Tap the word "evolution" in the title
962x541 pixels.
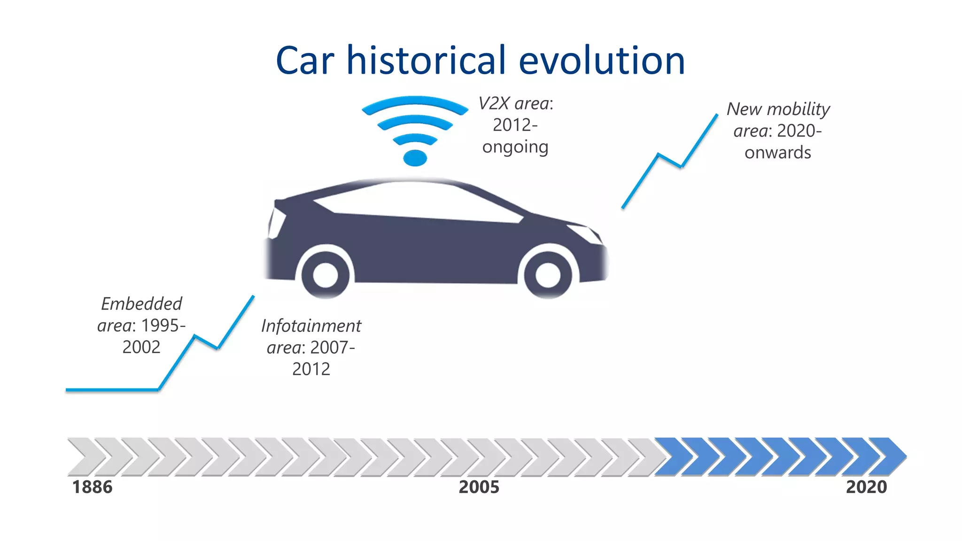click(602, 61)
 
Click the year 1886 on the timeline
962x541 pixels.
click(92, 487)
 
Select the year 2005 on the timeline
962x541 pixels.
click(479, 487)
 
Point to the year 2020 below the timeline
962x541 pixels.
click(866, 487)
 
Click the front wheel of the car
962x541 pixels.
click(548, 274)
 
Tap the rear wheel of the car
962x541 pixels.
click(325, 275)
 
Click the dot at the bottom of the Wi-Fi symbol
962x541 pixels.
click(415, 158)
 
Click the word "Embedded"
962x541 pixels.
click(141, 304)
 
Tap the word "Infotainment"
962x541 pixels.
click(311, 326)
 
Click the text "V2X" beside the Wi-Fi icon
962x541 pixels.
click(494, 103)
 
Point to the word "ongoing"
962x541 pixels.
click(515, 147)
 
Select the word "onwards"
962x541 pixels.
click(777, 153)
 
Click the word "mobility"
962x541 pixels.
click(799, 109)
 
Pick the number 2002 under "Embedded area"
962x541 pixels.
click(141, 347)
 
